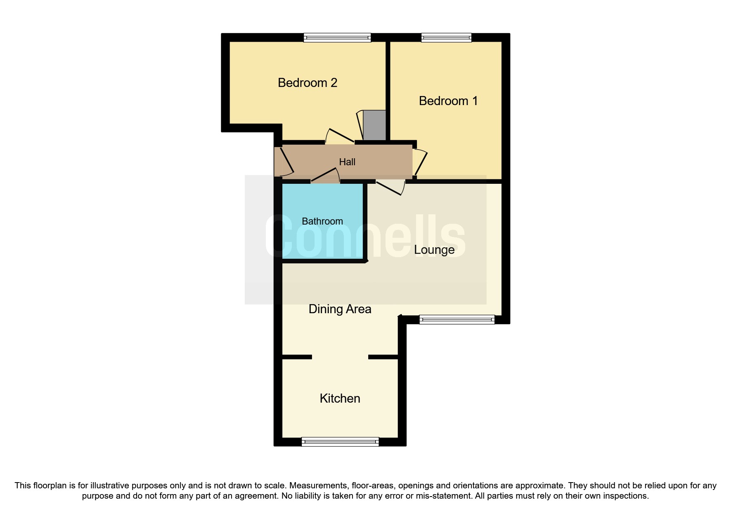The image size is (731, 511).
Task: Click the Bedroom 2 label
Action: [x=308, y=83]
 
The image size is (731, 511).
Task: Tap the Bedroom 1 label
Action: [x=448, y=101]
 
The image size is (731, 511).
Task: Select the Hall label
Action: [x=347, y=162]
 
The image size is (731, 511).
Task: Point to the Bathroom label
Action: [x=322, y=221]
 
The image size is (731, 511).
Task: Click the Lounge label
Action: [x=434, y=250]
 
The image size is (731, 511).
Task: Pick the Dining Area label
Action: [x=340, y=309]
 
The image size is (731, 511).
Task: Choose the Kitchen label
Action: [x=340, y=398]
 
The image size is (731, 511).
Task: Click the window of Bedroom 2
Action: [x=337, y=38]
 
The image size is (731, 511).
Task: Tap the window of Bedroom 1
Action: [x=446, y=38]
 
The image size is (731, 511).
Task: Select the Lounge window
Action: [x=457, y=319]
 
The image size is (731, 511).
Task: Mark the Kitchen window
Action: [x=340, y=442]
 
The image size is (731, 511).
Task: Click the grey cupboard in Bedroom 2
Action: [x=374, y=125]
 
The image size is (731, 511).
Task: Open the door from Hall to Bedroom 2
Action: [x=340, y=136]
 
